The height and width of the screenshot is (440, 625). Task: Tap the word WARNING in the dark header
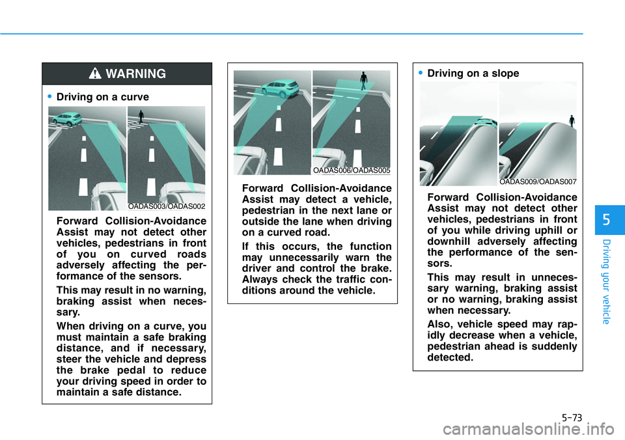pos(136,74)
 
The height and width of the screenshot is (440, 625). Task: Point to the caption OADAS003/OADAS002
pos(167,206)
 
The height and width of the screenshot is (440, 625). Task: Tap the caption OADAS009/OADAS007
pos(538,182)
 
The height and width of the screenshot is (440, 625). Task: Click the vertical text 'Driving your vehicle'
pos(607,282)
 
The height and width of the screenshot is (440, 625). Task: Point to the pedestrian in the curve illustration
pos(141,117)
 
